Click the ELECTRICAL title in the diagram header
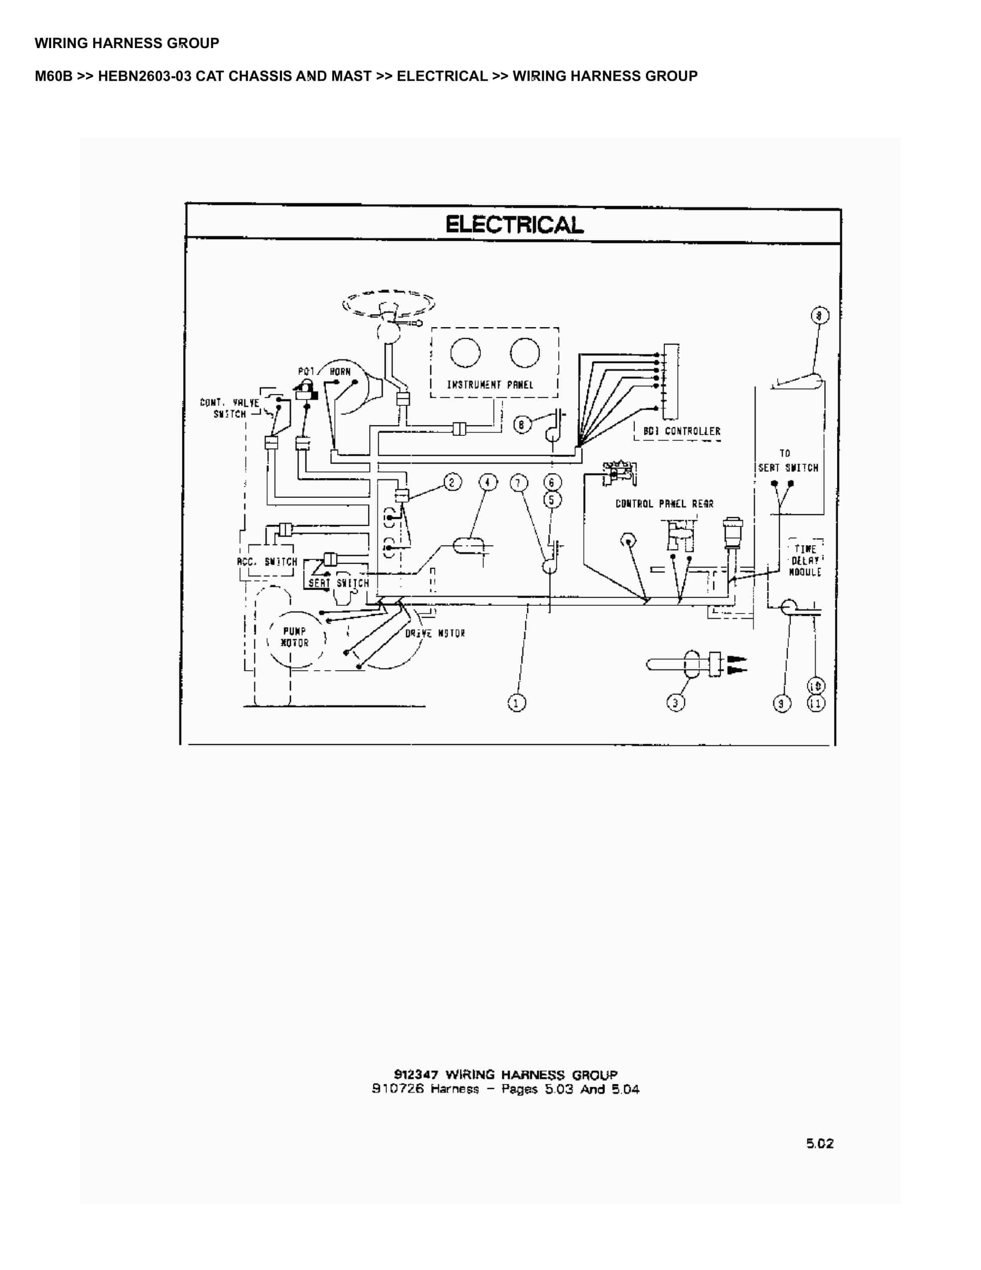coord(514,224)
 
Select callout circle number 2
coord(453,482)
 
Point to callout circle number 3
coord(675,702)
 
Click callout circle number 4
coord(488,482)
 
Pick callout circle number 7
coord(519,483)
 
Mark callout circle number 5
coord(552,500)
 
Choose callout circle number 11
coord(816,703)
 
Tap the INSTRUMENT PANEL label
coord(490,385)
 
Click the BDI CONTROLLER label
coord(682,431)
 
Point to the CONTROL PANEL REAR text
coord(664,504)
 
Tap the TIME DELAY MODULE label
coord(805,560)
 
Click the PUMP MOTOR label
coord(295,637)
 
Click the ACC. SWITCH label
coord(267,562)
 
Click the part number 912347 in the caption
coord(416,1075)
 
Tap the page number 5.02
coord(820,1143)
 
